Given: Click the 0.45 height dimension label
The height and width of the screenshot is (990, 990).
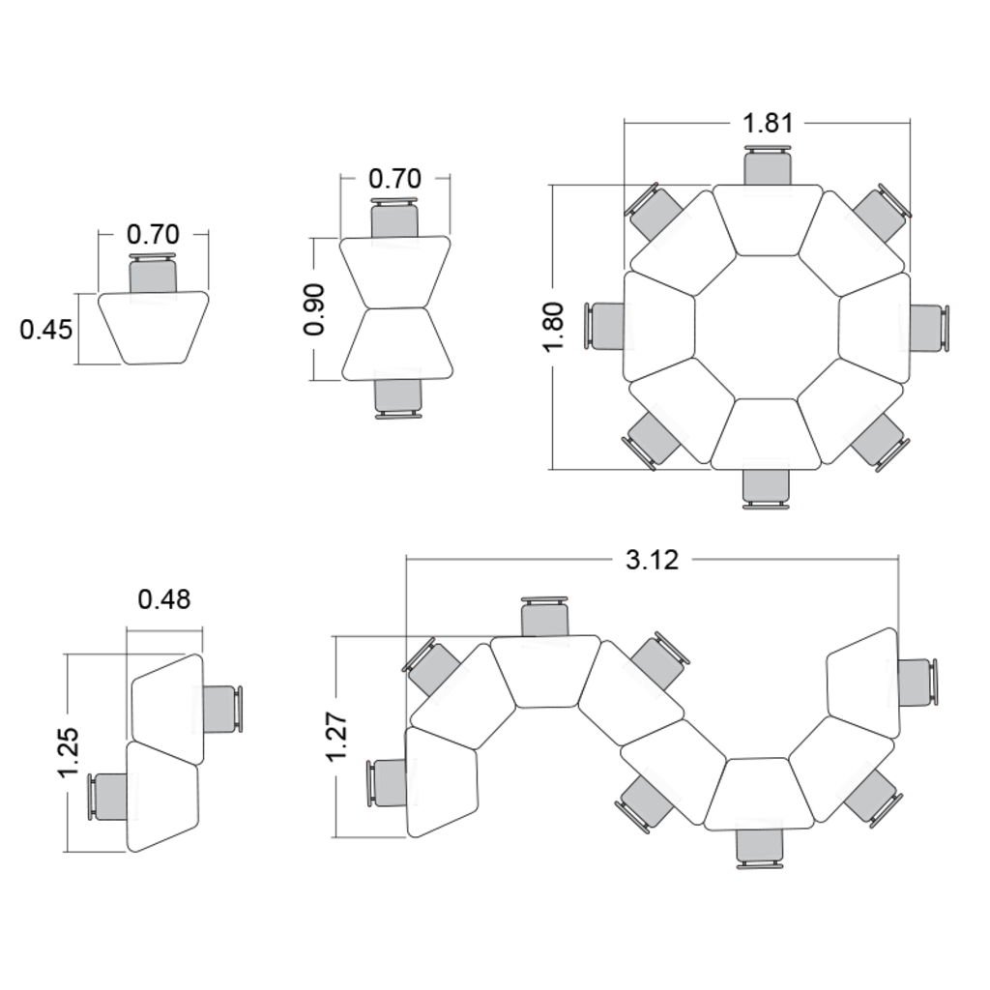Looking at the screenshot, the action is coord(46,330).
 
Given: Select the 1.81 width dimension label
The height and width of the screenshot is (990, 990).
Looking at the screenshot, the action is coord(768,123).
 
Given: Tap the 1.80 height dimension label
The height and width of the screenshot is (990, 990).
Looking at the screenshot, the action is coord(553,327).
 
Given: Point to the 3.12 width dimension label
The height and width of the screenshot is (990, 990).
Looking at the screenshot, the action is coord(652,560).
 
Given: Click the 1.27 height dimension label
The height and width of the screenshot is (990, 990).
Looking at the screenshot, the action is coord(336,736).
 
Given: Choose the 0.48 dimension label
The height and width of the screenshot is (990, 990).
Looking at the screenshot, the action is coord(164,599).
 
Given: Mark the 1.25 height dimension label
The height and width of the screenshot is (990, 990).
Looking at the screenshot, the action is coord(68,752).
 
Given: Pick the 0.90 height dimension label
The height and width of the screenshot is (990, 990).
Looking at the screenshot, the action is coord(314,309).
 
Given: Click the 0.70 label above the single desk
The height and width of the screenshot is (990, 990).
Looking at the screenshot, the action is coord(153,234).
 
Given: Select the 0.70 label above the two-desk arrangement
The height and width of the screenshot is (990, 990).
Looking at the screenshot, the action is coord(394,179).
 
